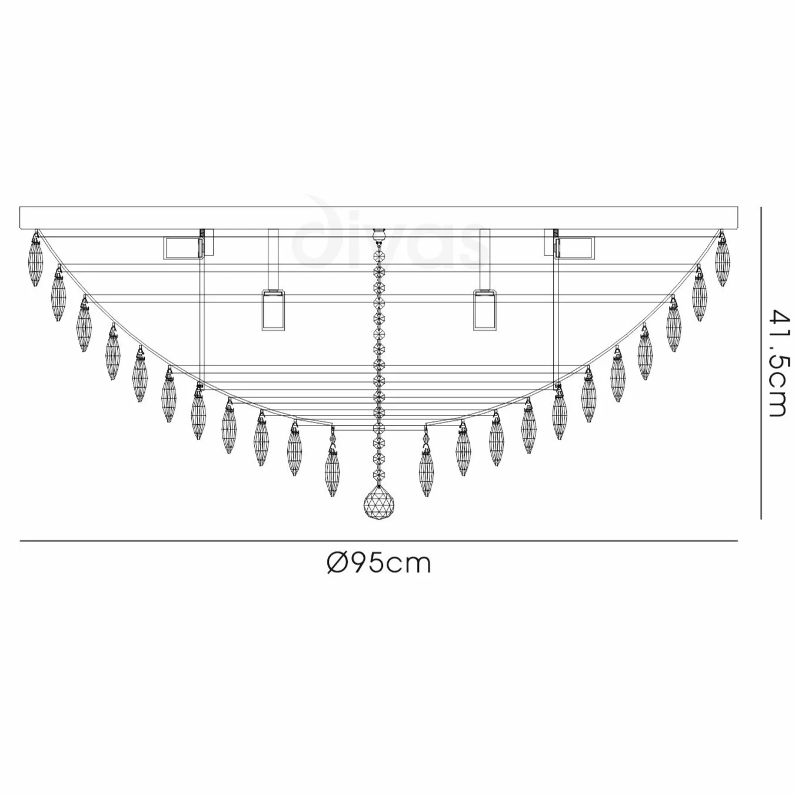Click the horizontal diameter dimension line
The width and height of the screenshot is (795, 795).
(379, 540)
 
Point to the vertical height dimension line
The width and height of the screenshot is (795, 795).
(761, 362)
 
